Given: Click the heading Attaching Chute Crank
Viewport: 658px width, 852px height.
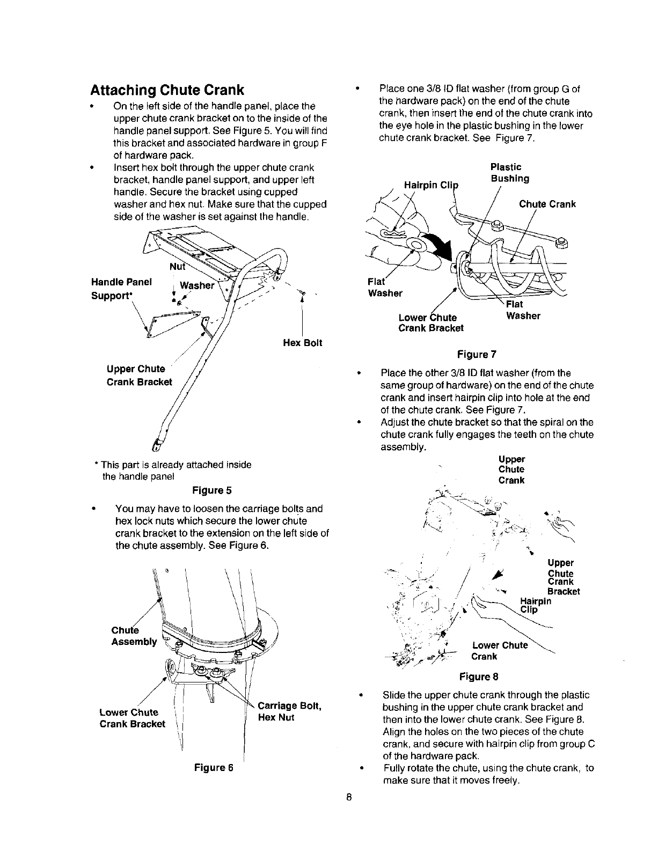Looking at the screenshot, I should click(x=167, y=89).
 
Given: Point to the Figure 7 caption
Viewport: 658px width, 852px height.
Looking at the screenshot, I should click(x=477, y=355).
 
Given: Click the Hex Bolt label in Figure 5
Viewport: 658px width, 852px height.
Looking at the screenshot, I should click(x=303, y=343).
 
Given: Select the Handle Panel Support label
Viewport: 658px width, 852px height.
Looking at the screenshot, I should click(x=121, y=289).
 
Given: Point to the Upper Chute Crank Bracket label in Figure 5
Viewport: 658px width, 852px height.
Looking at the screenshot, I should click(x=139, y=375).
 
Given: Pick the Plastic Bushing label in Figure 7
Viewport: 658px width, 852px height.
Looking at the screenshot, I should click(x=509, y=173).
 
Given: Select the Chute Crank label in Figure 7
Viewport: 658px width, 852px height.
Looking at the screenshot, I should click(x=547, y=204).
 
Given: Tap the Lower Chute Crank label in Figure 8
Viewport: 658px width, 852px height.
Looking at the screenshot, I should click(x=499, y=651).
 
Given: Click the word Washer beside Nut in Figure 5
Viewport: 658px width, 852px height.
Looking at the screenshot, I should click(x=197, y=285).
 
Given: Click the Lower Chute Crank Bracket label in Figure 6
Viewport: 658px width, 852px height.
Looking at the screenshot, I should click(x=133, y=718).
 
